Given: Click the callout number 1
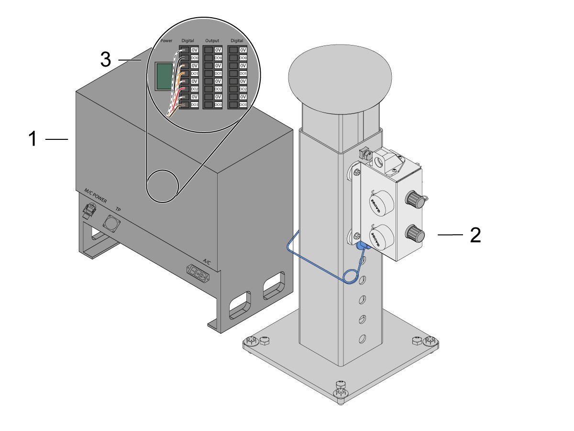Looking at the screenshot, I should coord(32,139).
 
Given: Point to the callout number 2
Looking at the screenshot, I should coord(475,235).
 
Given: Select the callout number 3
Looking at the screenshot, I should coord(106,60).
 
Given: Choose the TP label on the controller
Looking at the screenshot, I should coord(118,209).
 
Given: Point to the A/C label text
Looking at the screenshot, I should coord(207,261).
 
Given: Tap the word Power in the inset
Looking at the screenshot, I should coord(167,41).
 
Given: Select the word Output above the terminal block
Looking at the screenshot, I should coord(211,41).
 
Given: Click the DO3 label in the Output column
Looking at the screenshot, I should coord(218,104).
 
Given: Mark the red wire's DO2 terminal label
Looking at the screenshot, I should coord(194,89).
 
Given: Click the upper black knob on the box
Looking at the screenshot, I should coord(415,200).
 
